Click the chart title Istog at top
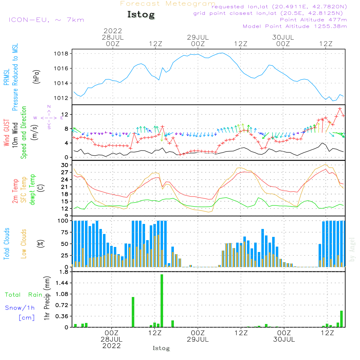coord(141,15)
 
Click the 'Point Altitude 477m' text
coord(313,20)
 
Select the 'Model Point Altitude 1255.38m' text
coord(295,26)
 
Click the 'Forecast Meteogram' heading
coord(168,4)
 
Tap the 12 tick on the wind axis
coord(65,114)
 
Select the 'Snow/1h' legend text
coord(20,308)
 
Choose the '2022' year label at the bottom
coord(112,346)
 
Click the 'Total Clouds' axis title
coord(6,244)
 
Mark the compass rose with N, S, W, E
coord(49,118)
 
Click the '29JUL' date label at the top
coord(198,37)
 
